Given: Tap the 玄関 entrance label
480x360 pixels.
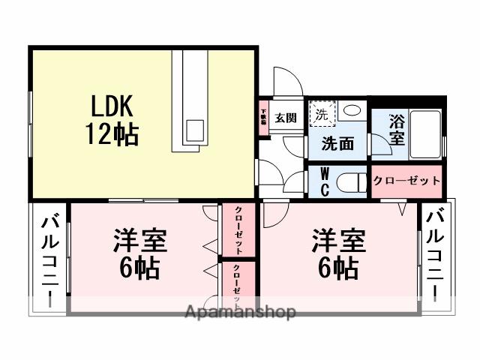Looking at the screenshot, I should pyautogui.click(x=285, y=118).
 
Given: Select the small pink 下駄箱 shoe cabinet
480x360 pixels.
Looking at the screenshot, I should pyautogui.click(x=264, y=118).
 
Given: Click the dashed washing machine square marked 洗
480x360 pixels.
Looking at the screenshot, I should pyautogui.click(x=321, y=115).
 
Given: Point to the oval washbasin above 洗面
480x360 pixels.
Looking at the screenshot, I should pyautogui.click(x=349, y=111).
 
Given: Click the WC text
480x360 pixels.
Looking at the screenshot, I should pyautogui.click(x=324, y=180).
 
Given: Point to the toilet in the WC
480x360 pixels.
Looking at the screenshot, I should pyautogui.click(x=350, y=181).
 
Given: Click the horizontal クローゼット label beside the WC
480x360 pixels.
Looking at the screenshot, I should pyautogui.click(x=406, y=181).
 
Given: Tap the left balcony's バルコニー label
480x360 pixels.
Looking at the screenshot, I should pyautogui.click(x=50, y=259).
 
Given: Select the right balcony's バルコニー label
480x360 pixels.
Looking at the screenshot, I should pyautogui.click(x=434, y=251).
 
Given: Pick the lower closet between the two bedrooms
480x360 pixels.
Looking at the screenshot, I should pyautogui.click(x=238, y=285).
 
